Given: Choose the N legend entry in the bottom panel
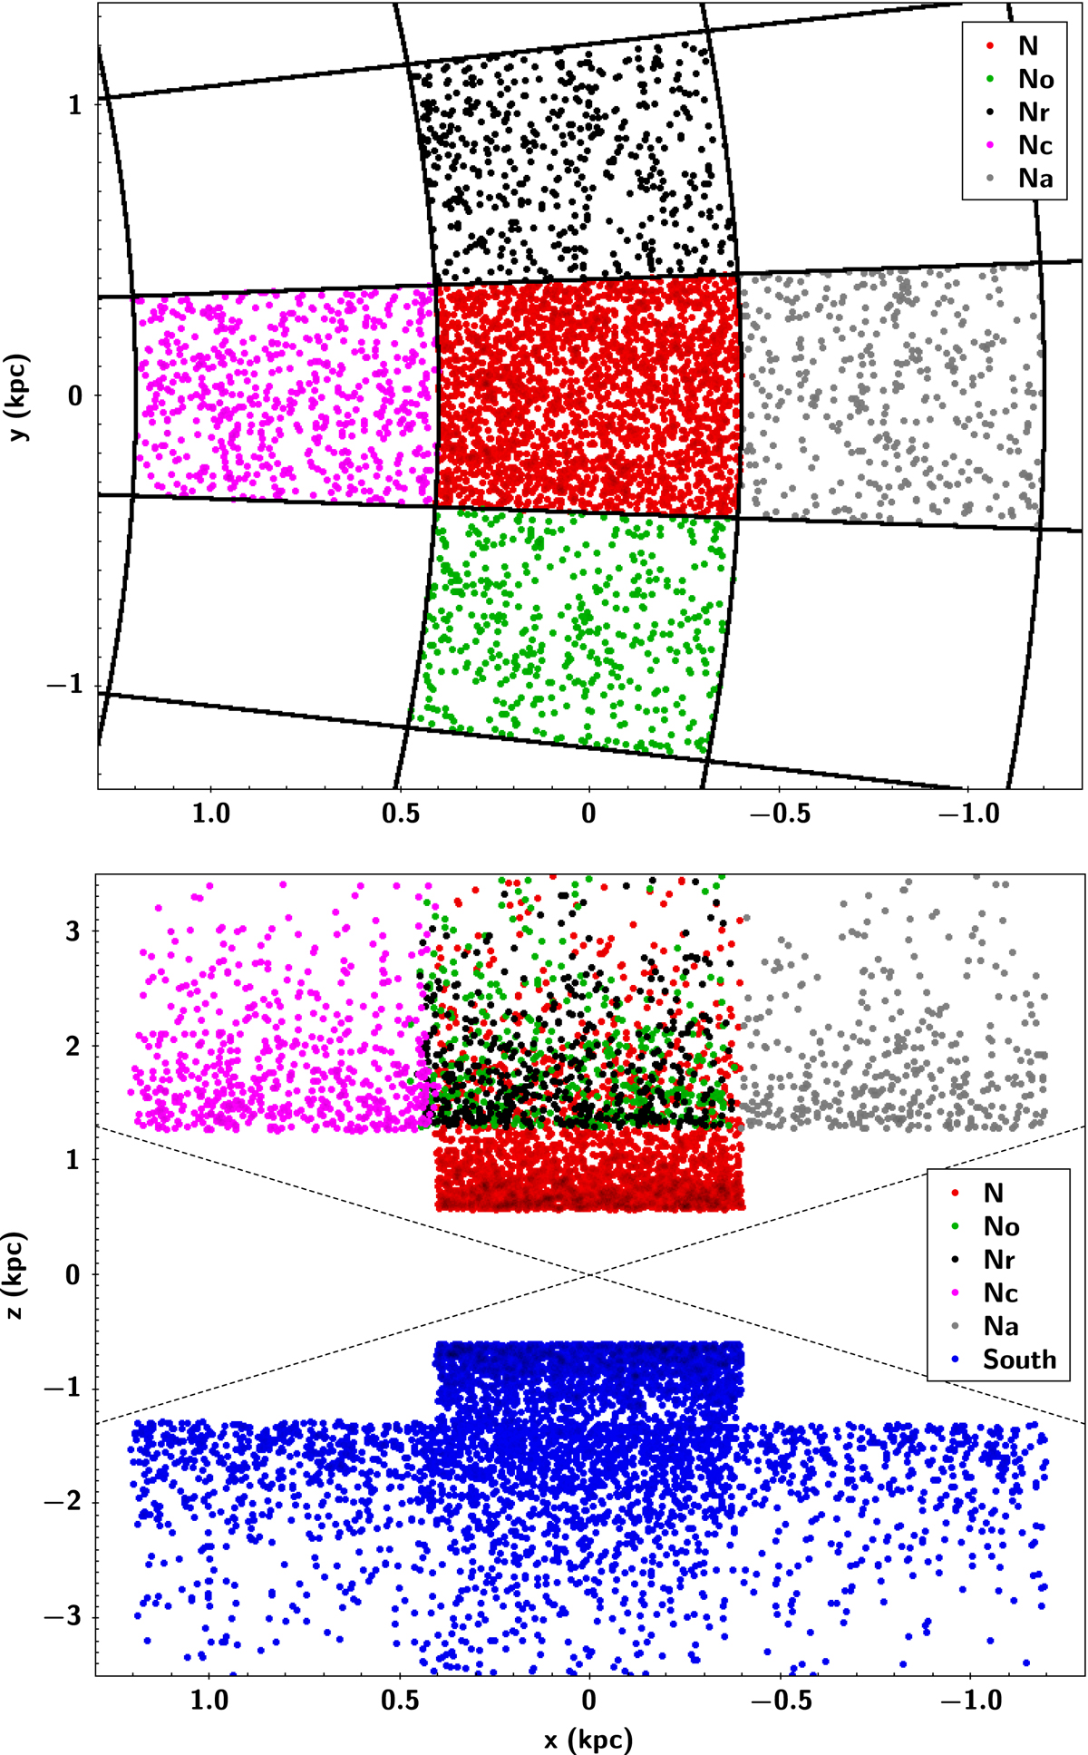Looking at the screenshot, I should [988, 1194].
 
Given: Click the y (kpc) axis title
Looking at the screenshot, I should [19, 396].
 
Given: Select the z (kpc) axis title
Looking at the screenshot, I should [19, 1275].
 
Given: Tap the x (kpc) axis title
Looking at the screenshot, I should [589, 1738].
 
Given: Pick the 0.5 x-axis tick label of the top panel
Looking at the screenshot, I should [401, 813].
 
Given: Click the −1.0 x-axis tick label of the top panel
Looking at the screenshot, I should [969, 813].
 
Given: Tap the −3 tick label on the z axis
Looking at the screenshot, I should [65, 1617].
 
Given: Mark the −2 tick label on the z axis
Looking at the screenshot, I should [65, 1503].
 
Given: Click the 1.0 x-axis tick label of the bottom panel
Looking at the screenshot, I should [210, 1699].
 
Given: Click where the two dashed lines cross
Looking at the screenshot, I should [590, 1274].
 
